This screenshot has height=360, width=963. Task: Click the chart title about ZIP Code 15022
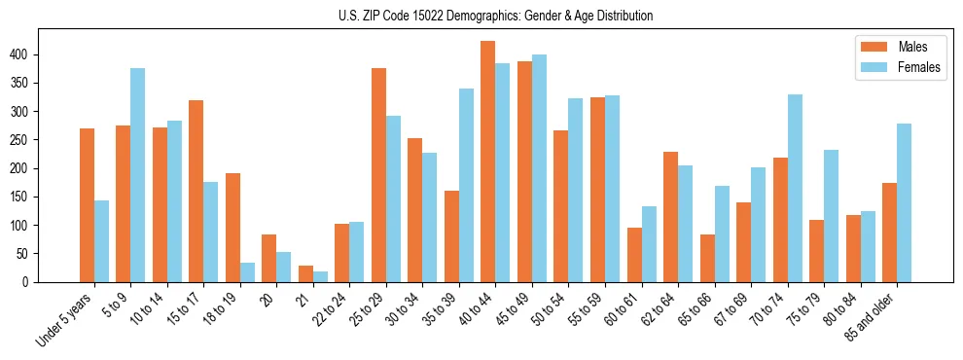point(481,16)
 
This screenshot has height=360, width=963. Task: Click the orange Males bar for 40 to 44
point(487,162)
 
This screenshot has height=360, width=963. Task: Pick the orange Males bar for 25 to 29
point(378,175)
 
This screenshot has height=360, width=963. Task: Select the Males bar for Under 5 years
point(87,205)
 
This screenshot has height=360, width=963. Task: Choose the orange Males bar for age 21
point(305,273)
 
